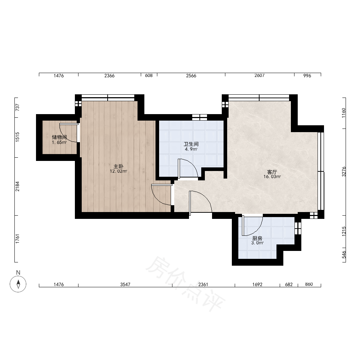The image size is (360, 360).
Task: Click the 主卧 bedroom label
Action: [x=118, y=166]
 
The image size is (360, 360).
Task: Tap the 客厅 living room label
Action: [x=272, y=172]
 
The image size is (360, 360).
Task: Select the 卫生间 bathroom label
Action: [x=191, y=144]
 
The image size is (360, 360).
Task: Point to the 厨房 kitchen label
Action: [x=257, y=239]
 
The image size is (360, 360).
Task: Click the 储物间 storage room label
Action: [x=59, y=137]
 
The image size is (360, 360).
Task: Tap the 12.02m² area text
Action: [x=118, y=171]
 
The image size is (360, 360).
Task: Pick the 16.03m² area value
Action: [x=272, y=177]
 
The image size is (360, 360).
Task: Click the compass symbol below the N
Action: [x=18, y=284]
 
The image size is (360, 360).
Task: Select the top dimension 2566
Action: [x=191, y=76]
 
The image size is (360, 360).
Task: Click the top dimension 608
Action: [x=149, y=76]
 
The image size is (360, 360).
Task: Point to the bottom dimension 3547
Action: [x=125, y=284]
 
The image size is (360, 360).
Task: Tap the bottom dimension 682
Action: [x=289, y=284]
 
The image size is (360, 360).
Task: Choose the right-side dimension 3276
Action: [x=344, y=171]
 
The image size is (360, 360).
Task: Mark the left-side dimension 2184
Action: [x=17, y=186]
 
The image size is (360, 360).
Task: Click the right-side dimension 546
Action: [x=344, y=255]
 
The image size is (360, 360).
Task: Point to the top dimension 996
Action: [x=307, y=76]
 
